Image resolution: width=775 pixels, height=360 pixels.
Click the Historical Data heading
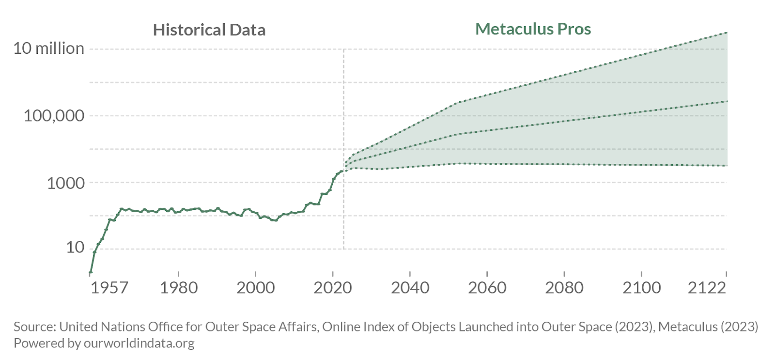tap(209, 30)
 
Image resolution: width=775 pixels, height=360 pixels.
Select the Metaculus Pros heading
tap(533, 29)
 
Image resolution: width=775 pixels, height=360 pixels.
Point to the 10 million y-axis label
tap(48, 48)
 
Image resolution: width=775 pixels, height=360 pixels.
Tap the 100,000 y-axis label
tap(54, 116)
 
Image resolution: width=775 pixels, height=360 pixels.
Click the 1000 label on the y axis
tap(65, 183)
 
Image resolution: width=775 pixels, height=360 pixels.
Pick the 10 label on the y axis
tap(75, 248)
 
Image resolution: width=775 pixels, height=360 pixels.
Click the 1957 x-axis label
tap(109, 288)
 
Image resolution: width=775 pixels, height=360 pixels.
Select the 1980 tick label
tap(179, 288)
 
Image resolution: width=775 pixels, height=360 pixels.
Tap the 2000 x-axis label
tap(255, 288)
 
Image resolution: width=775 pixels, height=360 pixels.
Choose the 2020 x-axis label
tap(333, 288)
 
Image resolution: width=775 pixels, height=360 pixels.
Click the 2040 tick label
tap(410, 288)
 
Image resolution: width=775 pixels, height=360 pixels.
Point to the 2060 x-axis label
tap(487, 288)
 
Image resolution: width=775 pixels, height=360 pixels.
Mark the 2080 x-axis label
tap(564, 288)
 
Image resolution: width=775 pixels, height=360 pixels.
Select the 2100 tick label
tap(641, 288)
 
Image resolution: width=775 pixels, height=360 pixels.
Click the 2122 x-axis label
tap(707, 288)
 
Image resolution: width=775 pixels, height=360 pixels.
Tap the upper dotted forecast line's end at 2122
tap(727, 32)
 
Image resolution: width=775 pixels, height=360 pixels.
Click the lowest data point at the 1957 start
tap(91, 273)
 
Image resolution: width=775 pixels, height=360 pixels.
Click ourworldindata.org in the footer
tap(139, 344)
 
